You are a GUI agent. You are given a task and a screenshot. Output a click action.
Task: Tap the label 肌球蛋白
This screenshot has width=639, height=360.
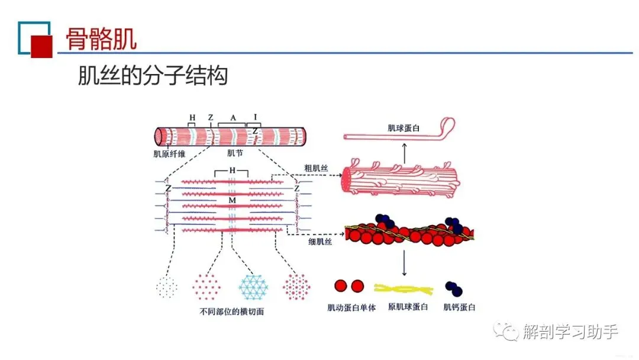(404, 127)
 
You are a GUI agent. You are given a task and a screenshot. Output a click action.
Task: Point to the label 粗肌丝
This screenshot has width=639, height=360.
(316, 168)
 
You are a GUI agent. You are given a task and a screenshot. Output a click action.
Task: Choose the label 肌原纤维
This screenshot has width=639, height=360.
(168, 154)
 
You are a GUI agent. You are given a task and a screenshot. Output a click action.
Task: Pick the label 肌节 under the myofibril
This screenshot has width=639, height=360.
(234, 154)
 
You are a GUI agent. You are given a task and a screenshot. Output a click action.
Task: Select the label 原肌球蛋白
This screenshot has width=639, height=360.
(408, 307)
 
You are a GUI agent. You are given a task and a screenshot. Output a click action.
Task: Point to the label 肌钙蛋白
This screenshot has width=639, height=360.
(459, 307)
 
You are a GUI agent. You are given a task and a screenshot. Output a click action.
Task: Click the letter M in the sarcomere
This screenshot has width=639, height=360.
(232, 202)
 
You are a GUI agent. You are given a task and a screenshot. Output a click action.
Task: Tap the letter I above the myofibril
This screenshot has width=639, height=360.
(255, 117)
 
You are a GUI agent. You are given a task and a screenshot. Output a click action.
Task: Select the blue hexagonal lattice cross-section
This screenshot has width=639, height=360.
(254, 287)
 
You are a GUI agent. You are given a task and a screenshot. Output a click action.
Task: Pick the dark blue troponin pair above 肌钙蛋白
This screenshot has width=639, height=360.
(453, 289)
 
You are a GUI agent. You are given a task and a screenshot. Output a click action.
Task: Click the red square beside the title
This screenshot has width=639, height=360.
(42, 46)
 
